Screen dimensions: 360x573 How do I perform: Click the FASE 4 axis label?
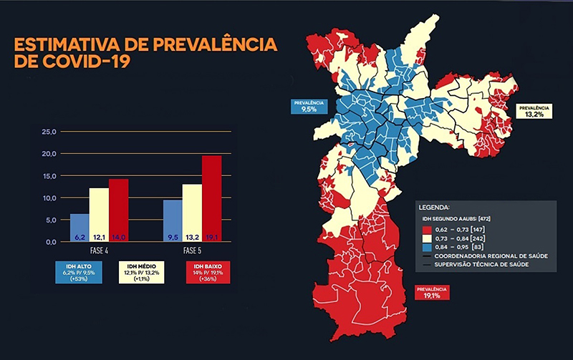pos(99,251)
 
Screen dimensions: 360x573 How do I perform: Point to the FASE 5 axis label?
pos(192,251)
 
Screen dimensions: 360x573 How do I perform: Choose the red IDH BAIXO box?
pos(207,272)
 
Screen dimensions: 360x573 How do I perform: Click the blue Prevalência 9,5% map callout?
pos(309,107)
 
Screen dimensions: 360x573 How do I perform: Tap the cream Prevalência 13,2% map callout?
pos(533,111)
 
